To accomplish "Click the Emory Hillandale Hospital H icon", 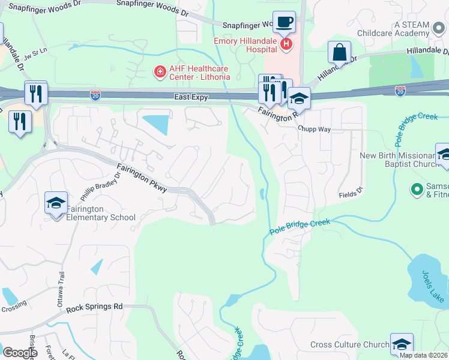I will (287, 43).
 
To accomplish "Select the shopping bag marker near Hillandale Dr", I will (339, 53).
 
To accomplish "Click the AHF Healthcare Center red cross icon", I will (160, 73).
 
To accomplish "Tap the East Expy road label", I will (191, 97).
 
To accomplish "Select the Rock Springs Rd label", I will (94, 307).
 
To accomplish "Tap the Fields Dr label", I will (351, 193).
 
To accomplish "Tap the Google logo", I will (20, 353).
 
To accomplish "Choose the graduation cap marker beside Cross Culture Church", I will (402, 344).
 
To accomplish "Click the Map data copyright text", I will (423, 355).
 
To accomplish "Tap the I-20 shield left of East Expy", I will (95, 95).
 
